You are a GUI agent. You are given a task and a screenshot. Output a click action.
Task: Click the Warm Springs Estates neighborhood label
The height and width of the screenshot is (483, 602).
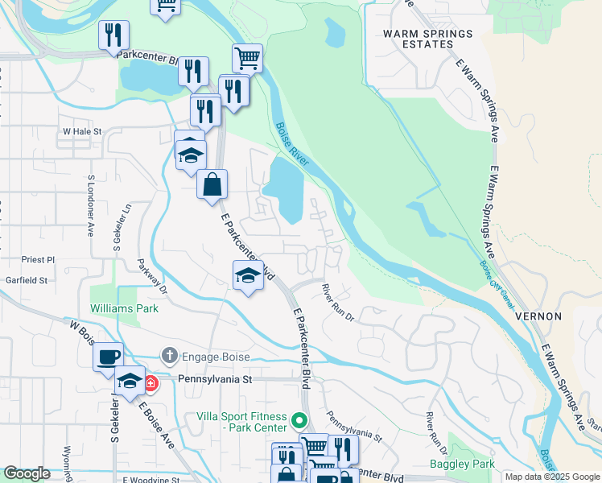click(427, 39)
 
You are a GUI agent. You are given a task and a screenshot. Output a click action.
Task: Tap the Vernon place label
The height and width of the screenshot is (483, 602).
click(538, 316)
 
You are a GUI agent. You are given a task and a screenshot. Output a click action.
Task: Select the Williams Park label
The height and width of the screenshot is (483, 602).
click(124, 308)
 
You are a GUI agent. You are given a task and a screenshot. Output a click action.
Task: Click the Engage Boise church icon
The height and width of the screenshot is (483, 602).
click(168, 355)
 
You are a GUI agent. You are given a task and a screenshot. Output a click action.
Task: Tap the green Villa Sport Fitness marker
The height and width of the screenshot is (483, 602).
click(299, 419)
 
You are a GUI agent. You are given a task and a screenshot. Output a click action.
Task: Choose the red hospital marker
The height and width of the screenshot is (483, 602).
click(150, 384)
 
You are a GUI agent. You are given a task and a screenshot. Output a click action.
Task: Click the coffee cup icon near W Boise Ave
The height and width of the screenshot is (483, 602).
click(108, 357)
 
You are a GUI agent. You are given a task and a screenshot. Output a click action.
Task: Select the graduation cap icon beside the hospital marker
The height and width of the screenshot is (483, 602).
click(130, 381)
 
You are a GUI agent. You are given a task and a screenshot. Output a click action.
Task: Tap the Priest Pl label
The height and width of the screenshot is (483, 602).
click(39, 260)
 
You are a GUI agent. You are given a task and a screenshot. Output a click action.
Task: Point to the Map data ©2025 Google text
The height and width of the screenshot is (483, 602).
click(552, 477)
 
